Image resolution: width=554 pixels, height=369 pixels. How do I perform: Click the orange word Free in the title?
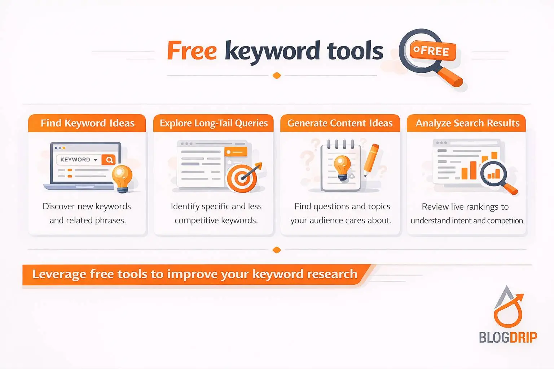point(192,51)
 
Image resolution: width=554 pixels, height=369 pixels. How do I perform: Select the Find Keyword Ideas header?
point(87,123)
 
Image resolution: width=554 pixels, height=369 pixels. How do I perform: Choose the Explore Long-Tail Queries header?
point(214,123)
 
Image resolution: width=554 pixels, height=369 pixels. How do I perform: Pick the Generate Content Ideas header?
point(340,123)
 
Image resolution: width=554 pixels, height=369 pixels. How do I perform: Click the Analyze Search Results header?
point(467,123)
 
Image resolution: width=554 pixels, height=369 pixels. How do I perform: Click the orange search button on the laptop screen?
point(109,160)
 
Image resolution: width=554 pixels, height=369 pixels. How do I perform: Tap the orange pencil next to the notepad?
point(371,159)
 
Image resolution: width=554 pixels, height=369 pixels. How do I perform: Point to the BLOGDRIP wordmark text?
point(508,337)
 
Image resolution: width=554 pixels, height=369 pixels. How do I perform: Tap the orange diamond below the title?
point(277,76)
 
